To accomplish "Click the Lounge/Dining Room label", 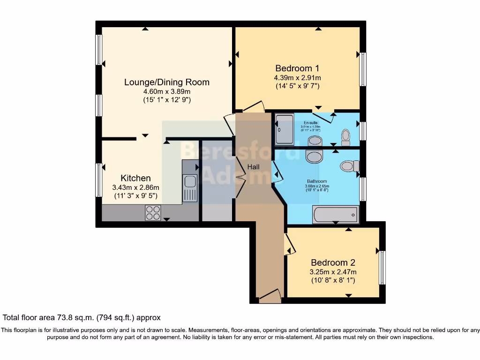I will pos(166,82).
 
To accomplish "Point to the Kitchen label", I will pos(136,178).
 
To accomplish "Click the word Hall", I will pos(254,167).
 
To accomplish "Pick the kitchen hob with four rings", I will pos(153,213).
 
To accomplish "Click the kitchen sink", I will pos(190,187).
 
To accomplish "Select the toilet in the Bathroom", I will pos(350,165).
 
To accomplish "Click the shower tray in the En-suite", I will pos(284,129).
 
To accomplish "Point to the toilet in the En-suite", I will pos(346,136).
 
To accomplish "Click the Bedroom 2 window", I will pos(382,268).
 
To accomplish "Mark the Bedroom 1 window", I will pos(363,69).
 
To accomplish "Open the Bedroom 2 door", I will pos(289,244).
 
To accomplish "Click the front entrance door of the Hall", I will pos(269,295).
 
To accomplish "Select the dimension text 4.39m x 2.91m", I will pos(297,77).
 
